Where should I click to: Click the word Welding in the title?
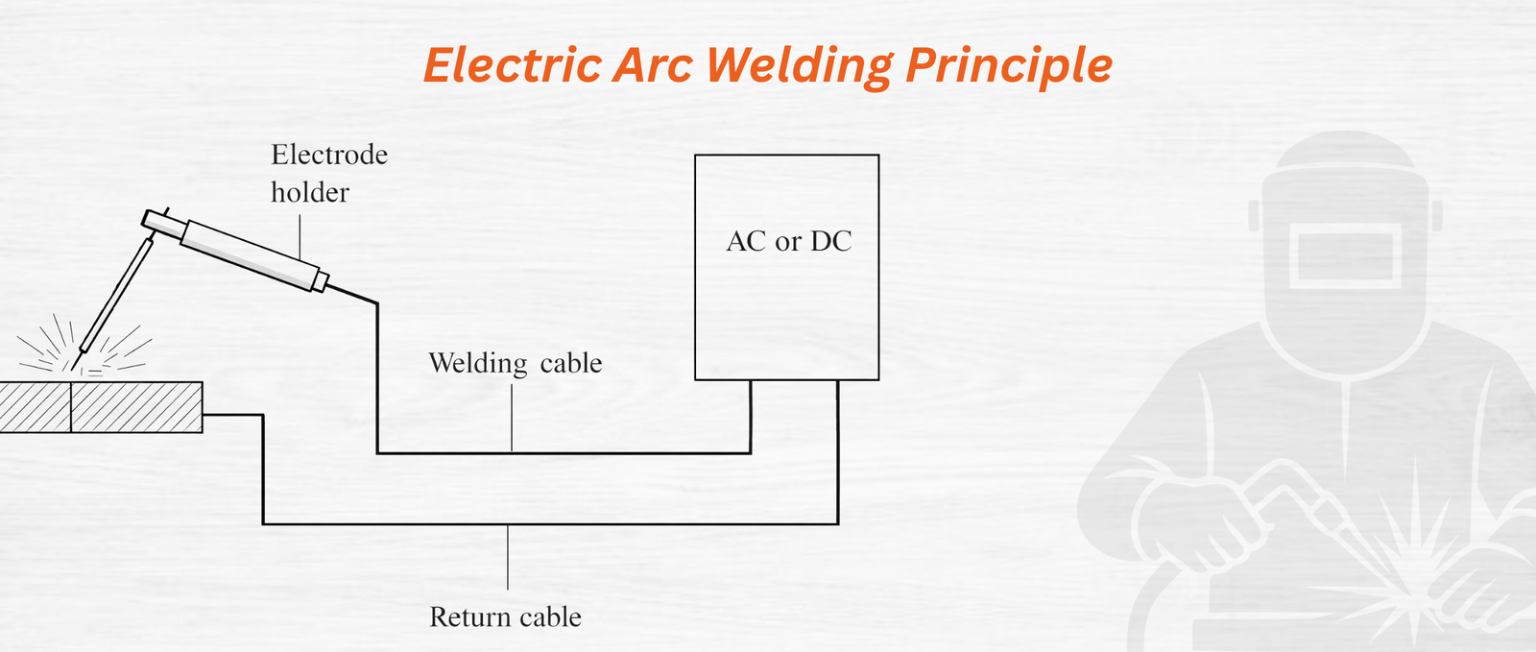point(800,65)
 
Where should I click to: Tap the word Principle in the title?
point(1009,65)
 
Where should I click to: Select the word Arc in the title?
point(653,65)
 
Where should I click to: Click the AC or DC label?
point(789,241)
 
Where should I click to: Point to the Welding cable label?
point(515,363)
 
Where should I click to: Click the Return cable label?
point(505,616)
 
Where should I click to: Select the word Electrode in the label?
point(329,155)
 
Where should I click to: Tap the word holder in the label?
point(309,193)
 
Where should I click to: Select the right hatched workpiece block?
point(136,407)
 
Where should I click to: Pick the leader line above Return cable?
point(508,557)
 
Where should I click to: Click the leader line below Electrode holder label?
point(300,236)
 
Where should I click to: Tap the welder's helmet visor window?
point(1344,257)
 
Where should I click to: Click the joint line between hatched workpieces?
point(71,407)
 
